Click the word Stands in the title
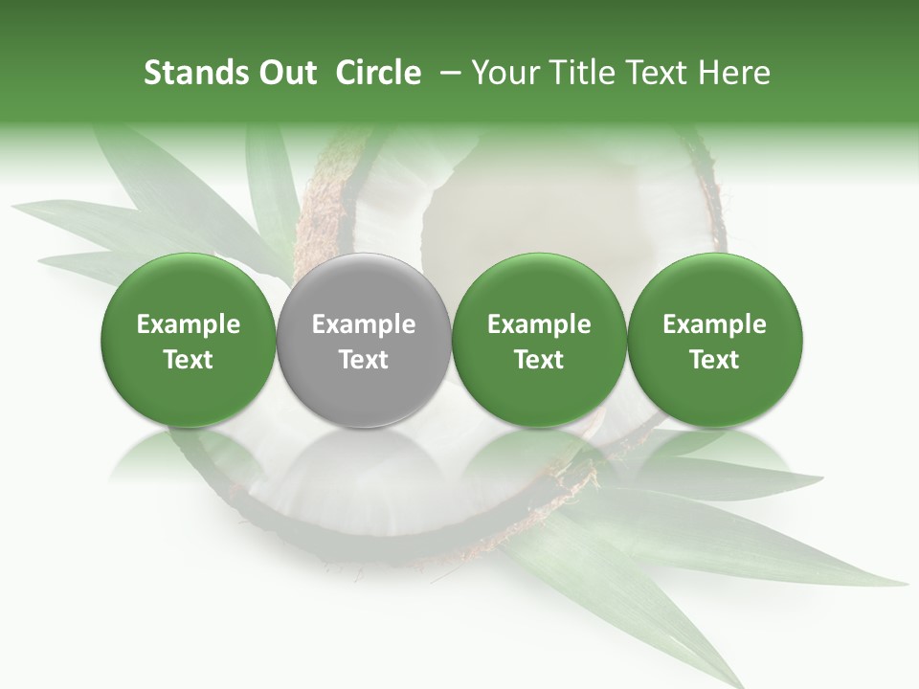(193, 73)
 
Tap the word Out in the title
(285, 73)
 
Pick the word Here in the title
(735, 73)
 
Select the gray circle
(364, 340)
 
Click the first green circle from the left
(189, 340)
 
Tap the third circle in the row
(539, 340)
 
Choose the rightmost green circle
(715, 340)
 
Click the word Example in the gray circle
(364, 324)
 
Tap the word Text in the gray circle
(364, 360)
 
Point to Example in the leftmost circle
(189, 324)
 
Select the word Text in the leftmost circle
(189, 360)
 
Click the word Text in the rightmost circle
(715, 360)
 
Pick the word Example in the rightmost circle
(715, 324)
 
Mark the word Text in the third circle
(539, 360)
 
